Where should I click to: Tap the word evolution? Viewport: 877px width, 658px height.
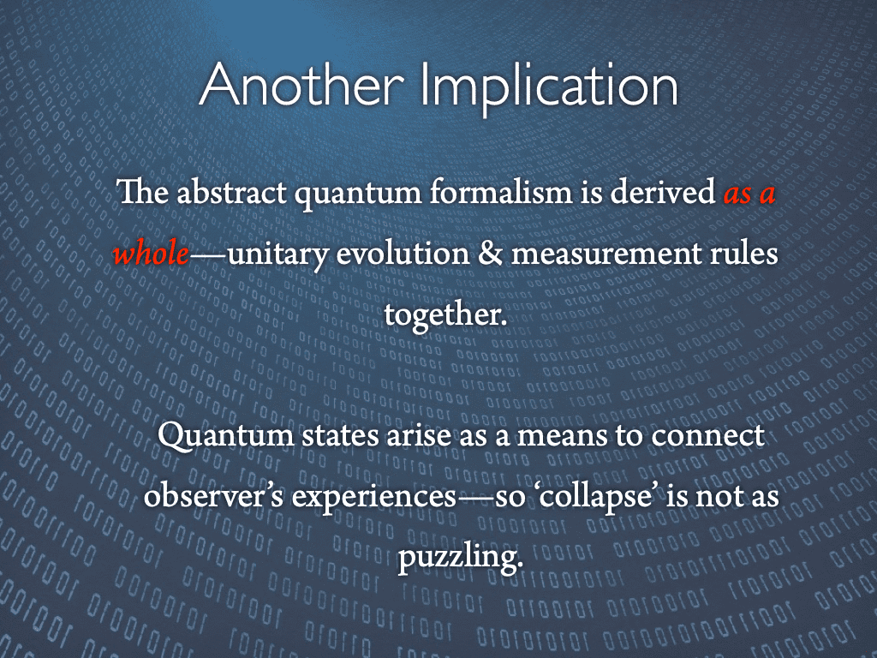coord(397,254)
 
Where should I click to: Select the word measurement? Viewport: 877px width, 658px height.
coord(612,254)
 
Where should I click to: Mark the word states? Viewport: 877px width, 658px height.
coord(345,436)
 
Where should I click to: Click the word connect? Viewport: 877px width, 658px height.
coord(707,436)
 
